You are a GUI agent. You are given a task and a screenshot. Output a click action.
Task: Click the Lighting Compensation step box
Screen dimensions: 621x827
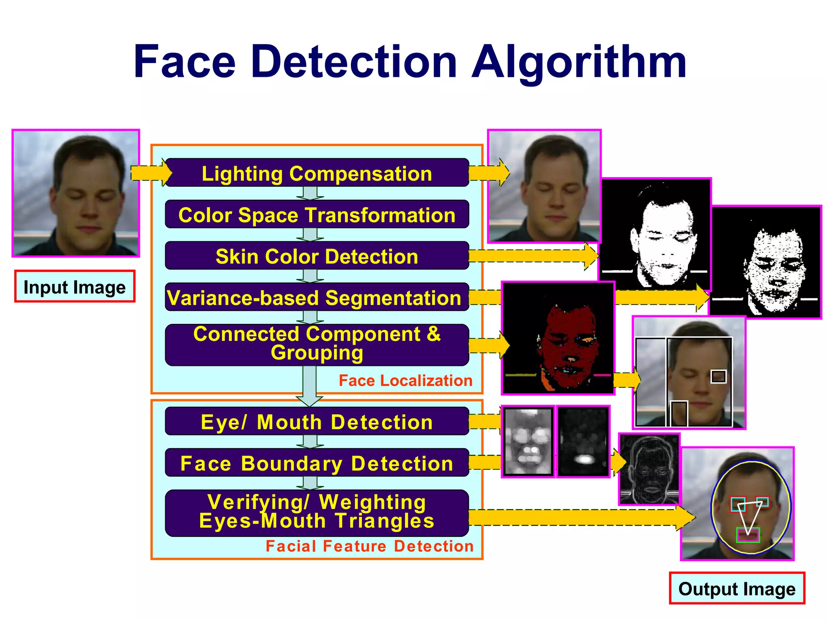(x=317, y=173)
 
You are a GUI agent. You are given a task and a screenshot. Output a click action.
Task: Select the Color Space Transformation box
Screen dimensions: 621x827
(x=317, y=215)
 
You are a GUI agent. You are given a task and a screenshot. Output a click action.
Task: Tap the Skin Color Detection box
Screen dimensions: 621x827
(x=317, y=256)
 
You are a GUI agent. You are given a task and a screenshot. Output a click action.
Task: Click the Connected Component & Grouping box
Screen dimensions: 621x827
(x=317, y=344)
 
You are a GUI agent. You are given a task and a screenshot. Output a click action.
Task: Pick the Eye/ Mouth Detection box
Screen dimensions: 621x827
(x=317, y=422)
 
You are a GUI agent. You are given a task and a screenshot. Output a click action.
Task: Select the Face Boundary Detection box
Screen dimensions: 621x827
(x=317, y=463)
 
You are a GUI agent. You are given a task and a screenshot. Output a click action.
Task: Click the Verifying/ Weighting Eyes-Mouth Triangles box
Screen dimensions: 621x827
(x=317, y=512)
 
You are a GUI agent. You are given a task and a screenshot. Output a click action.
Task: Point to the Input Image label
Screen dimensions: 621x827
(x=75, y=287)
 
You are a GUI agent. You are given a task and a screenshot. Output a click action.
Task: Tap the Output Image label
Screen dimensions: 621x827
(x=737, y=588)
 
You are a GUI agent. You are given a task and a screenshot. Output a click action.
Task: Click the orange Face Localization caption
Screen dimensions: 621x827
(x=405, y=381)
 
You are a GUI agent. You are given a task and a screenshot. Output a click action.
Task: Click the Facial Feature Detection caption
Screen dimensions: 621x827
(x=369, y=546)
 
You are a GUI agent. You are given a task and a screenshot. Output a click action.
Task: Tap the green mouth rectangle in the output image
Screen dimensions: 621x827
(x=748, y=535)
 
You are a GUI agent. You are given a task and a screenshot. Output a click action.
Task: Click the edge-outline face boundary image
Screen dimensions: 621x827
(x=649, y=469)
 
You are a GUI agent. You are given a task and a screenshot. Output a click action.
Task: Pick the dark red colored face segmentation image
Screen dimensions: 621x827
(x=558, y=338)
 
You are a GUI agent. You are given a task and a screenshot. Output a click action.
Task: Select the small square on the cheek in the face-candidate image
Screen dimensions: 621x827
(x=718, y=377)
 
